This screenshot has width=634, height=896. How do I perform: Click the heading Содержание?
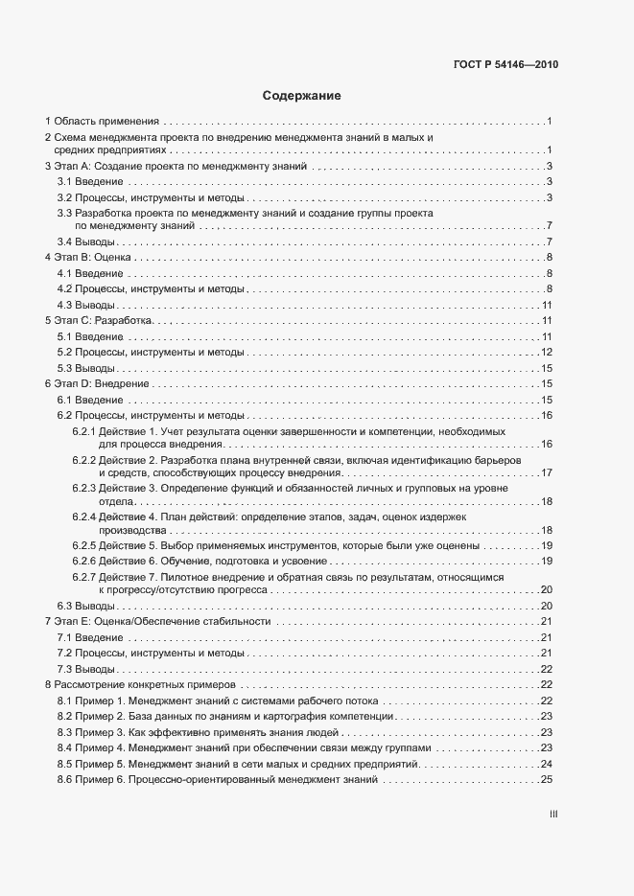pyautogui.click(x=301, y=96)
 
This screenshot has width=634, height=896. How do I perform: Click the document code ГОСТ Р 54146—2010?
pyautogui.click(x=505, y=65)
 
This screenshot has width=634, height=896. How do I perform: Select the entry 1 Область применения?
pyautogui.click(x=102, y=122)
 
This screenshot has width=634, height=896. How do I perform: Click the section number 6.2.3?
pyautogui.click(x=84, y=489)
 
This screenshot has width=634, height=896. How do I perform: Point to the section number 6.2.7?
pyautogui.click(x=84, y=577)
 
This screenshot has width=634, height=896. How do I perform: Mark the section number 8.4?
pyautogui.click(x=65, y=747)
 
